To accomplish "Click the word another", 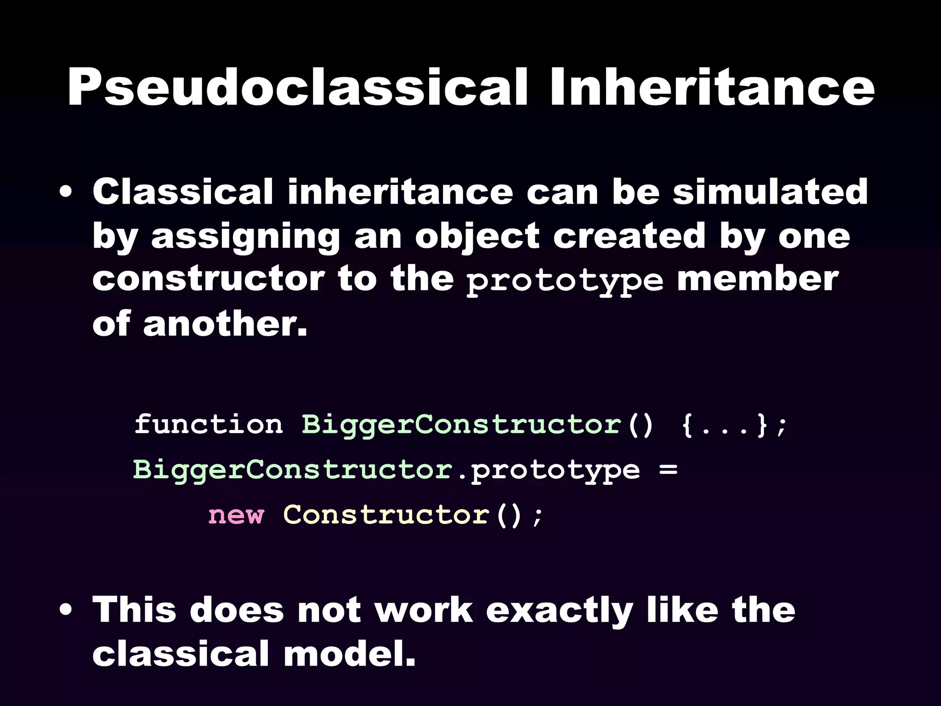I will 225,324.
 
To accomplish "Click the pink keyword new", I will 236,515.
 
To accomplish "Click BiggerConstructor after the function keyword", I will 461,424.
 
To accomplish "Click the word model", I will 349,655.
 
